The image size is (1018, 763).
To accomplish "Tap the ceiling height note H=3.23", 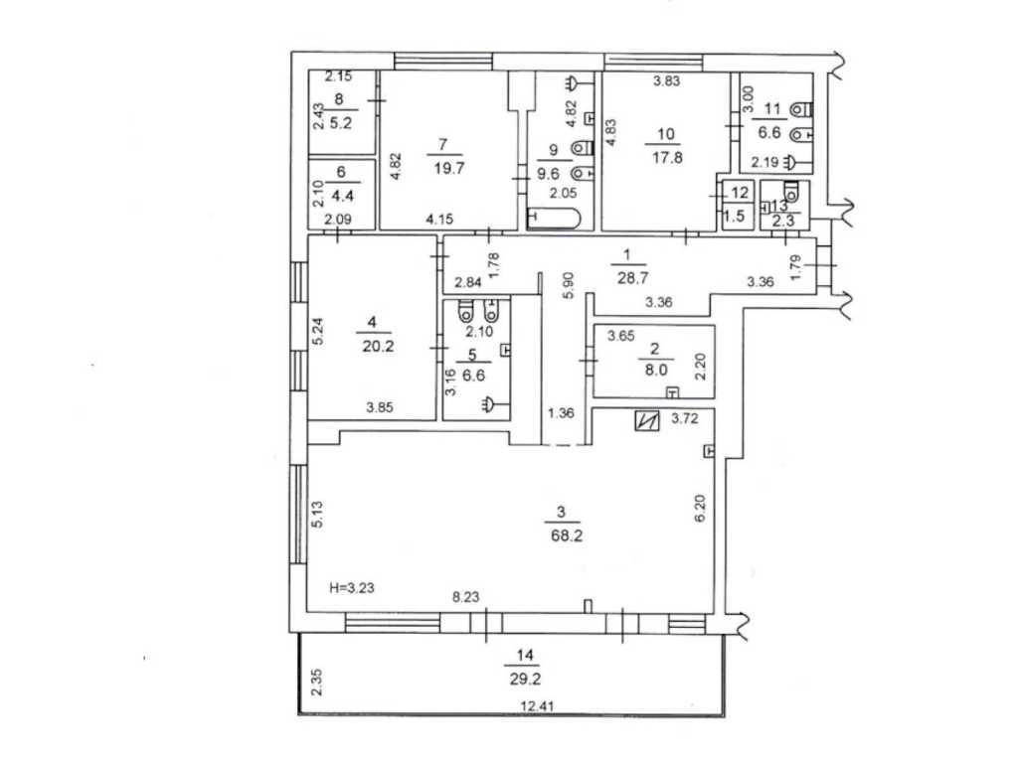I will tap(353, 588).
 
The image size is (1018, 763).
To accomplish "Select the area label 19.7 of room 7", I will tap(442, 169).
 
